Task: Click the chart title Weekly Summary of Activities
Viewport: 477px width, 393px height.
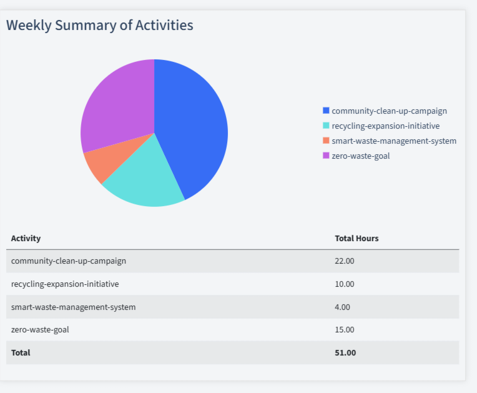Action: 100,25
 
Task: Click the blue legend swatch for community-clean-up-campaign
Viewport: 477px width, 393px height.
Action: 325,111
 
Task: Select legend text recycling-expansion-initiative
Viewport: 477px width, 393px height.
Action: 385,126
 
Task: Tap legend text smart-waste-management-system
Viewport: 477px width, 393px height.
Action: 393,141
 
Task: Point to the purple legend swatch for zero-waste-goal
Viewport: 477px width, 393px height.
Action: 325,156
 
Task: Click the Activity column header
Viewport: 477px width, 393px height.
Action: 26,238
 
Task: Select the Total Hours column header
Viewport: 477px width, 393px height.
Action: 357,238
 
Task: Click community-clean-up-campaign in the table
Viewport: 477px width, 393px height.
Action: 68,261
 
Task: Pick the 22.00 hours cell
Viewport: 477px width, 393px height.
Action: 345,261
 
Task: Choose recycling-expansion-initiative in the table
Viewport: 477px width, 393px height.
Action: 65,284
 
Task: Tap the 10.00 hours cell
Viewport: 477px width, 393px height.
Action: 345,284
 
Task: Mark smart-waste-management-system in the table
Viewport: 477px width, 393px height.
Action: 73,307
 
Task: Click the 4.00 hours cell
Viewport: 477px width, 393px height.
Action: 343,307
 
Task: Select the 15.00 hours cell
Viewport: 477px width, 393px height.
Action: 345,329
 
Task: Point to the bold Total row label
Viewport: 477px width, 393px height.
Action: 21,352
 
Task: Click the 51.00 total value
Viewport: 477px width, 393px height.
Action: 345,352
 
